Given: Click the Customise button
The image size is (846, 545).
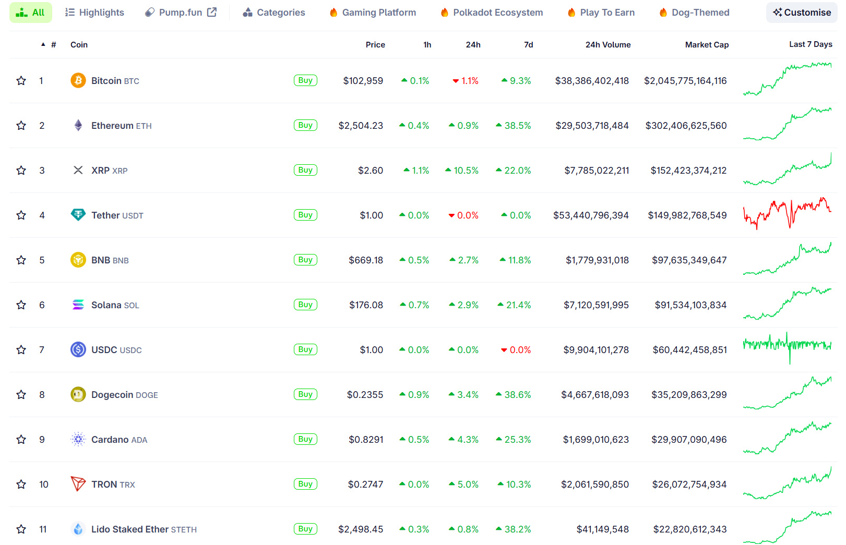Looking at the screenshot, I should (802, 13).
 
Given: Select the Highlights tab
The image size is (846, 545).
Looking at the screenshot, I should (94, 13).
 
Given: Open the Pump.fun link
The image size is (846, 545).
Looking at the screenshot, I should (181, 13).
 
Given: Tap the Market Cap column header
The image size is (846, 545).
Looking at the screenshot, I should (707, 45).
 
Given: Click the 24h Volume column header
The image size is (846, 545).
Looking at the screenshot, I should (607, 45).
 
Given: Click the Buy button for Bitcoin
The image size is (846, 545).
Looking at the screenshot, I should (305, 80).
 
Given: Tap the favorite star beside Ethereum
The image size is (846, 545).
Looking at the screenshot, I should (21, 126).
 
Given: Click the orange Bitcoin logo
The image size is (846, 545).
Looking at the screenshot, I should (78, 80).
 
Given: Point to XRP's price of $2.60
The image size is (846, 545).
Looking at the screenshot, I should (371, 171).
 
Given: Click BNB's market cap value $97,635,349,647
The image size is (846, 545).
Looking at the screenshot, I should (689, 260).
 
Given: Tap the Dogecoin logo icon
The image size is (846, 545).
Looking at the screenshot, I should (78, 395).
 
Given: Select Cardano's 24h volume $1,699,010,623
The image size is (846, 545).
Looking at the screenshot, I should (595, 440).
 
